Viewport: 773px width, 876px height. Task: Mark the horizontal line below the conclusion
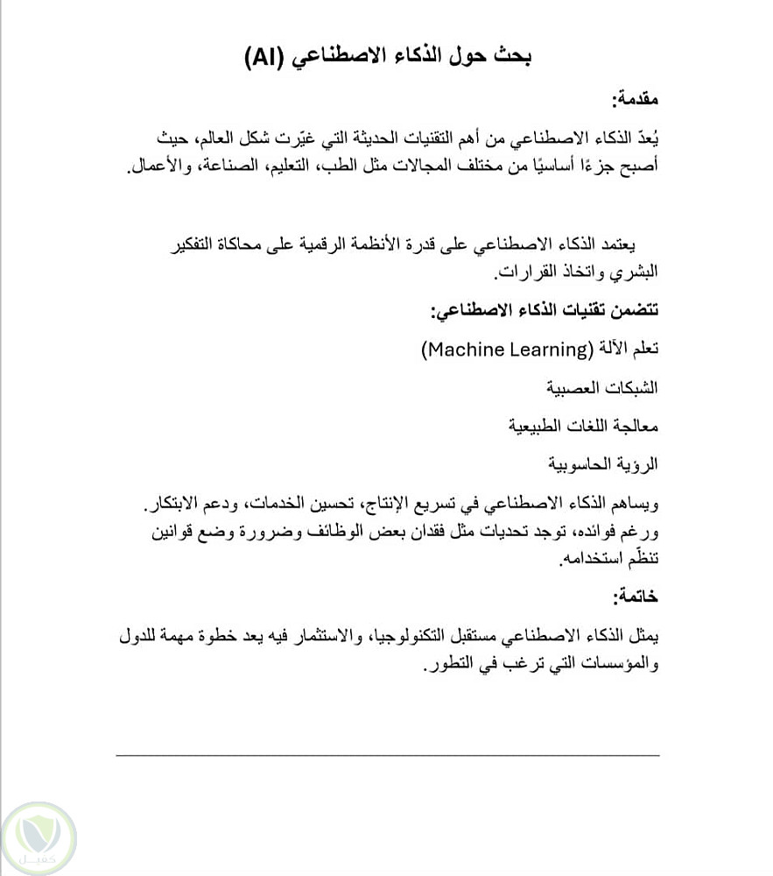coord(388,754)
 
